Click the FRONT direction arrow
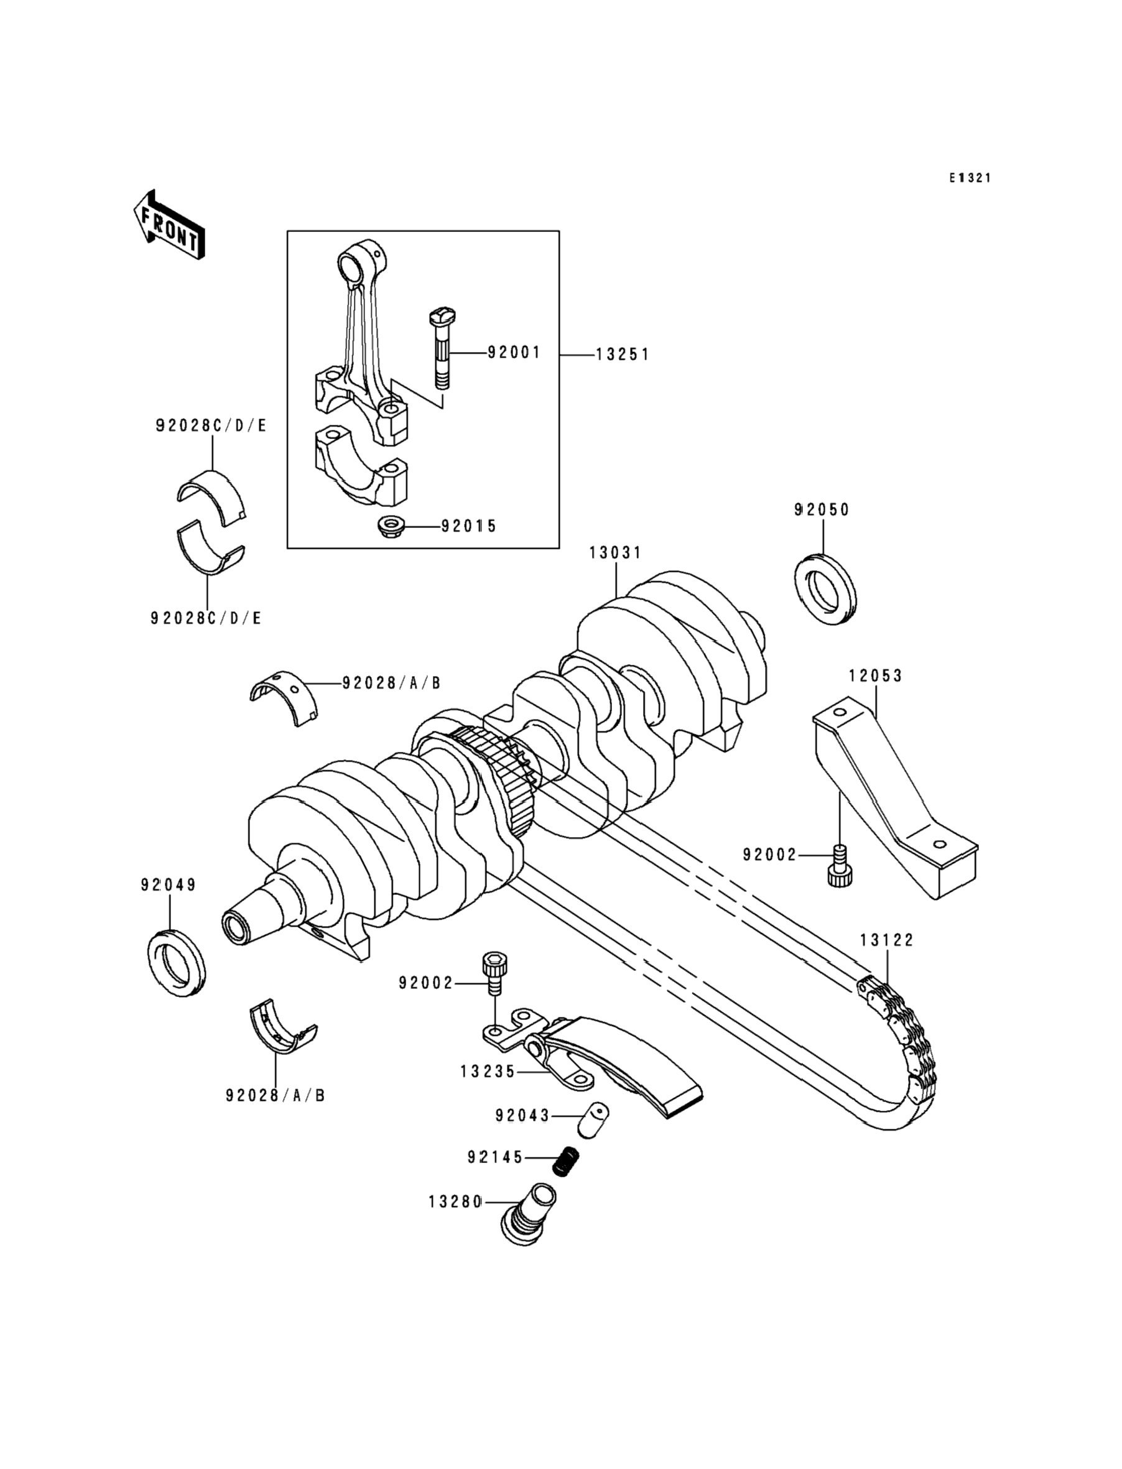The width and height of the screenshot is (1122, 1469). click(169, 225)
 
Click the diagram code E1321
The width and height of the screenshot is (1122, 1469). click(970, 178)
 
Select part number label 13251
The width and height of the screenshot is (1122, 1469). click(622, 355)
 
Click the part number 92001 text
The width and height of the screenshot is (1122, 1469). click(514, 352)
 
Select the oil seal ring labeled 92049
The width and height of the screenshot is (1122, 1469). click(175, 962)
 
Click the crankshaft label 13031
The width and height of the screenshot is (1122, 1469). click(615, 552)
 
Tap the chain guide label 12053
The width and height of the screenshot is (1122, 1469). click(876, 676)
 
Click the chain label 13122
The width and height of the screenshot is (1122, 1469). click(887, 940)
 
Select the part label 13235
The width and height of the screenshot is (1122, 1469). click(488, 1071)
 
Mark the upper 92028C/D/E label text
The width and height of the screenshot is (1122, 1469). click(211, 425)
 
